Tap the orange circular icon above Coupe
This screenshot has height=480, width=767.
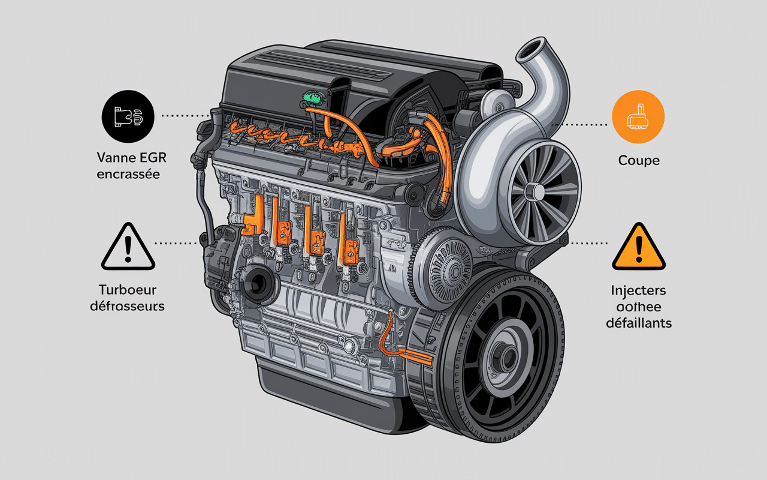(x=638, y=116)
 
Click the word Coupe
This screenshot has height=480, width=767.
(x=639, y=161)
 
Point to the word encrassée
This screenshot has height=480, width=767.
(x=128, y=175)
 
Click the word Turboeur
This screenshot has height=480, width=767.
(x=128, y=290)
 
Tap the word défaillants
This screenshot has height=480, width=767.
(x=639, y=323)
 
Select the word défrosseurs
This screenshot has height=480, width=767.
(x=128, y=306)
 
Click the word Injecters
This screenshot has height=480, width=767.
(x=639, y=291)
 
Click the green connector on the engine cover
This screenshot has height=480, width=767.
(x=313, y=96)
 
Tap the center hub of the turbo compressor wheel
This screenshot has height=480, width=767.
(x=535, y=191)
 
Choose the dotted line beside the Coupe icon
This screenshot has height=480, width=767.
(x=579, y=125)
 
